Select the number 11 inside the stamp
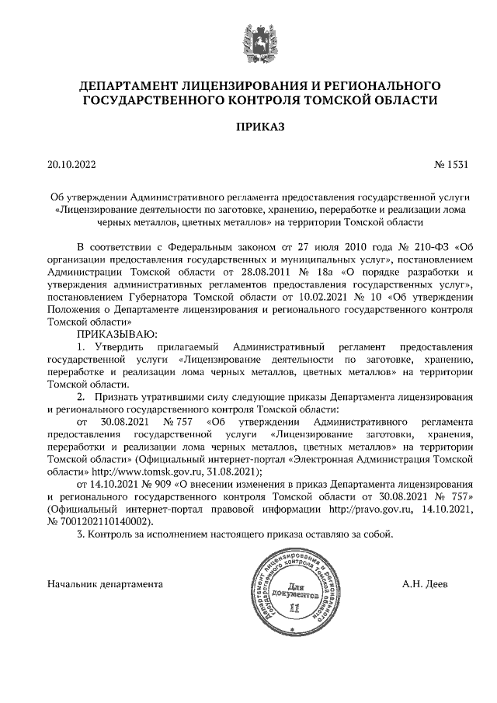tap(293, 607)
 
